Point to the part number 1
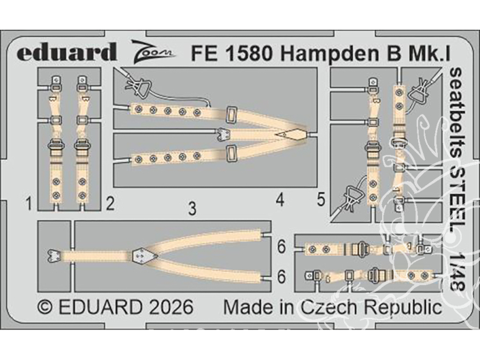29,201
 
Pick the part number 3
192,209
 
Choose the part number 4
280,200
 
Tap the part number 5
321,200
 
